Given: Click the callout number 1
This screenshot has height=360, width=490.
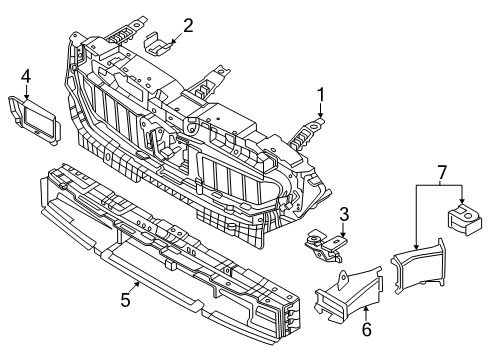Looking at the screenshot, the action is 320,95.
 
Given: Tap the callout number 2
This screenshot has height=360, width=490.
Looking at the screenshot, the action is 188,26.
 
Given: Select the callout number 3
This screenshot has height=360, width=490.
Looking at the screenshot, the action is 344,214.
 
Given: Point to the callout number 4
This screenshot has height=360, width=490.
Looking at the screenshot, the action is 26,77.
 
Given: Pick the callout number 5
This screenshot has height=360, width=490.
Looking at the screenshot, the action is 125,300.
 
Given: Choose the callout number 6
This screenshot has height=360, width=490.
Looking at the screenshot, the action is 366,330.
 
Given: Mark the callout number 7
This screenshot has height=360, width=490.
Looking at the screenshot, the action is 441,173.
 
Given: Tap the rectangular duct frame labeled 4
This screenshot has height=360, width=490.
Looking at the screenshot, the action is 34,121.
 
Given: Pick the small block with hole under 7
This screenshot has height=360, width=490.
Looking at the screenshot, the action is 464,218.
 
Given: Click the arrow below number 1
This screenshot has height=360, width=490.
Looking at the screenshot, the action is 320,110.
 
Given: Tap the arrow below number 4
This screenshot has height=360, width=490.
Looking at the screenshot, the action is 26,91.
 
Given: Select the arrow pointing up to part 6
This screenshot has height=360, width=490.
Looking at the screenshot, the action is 366,314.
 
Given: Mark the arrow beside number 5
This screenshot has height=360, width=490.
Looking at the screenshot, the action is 134,288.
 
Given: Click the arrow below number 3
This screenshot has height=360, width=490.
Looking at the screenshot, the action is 343,230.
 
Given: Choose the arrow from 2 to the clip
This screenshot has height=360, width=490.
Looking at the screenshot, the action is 176,38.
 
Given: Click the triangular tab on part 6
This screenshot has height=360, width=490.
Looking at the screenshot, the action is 343,280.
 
